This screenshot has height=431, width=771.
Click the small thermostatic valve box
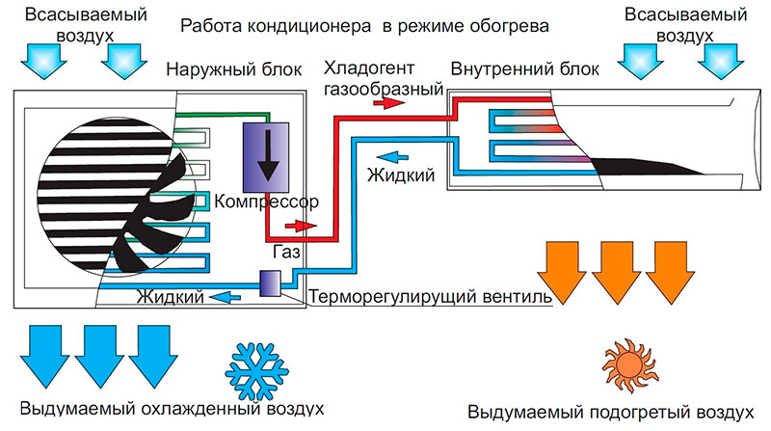coord(270,282)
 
